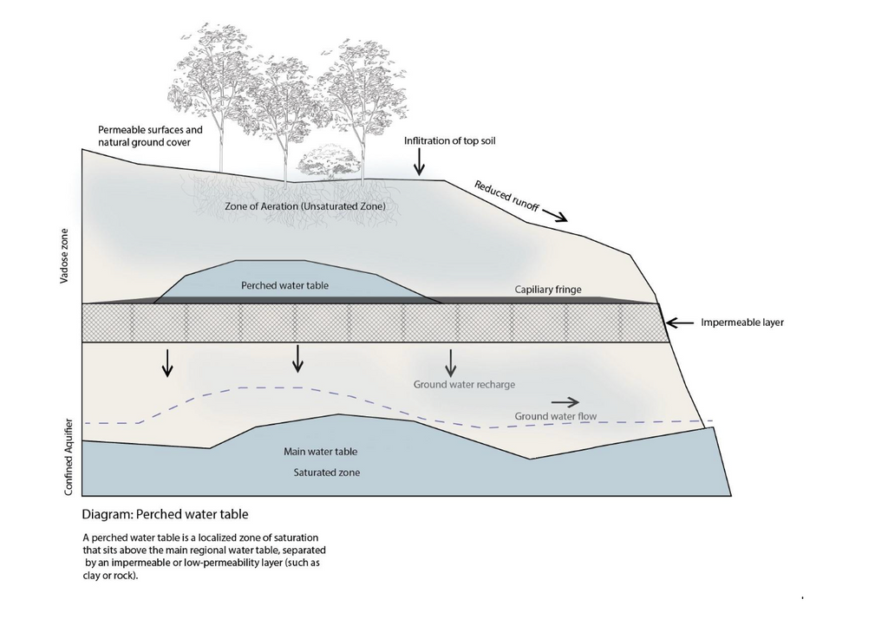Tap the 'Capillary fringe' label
pyautogui.click(x=548, y=290)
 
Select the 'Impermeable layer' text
pyautogui.click(x=742, y=323)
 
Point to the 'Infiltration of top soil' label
pyautogui.click(x=449, y=140)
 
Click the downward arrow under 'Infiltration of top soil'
pyautogui.click(x=419, y=161)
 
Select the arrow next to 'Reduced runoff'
pyautogui.click(x=555, y=217)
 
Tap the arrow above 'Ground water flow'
pyautogui.click(x=565, y=401)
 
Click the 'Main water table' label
pyautogui.click(x=321, y=452)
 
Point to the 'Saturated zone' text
pyautogui.click(x=326, y=472)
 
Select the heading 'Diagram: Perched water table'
pyautogui.click(x=166, y=514)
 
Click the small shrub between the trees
pyautogui.click(x=329, y=162)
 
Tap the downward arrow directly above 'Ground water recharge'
pyautogui.click(x=450, y=361)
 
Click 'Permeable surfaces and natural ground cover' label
pyautogui.click(x=150, y=135)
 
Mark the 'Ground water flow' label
pyautogui.click(x=556, y=416)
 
